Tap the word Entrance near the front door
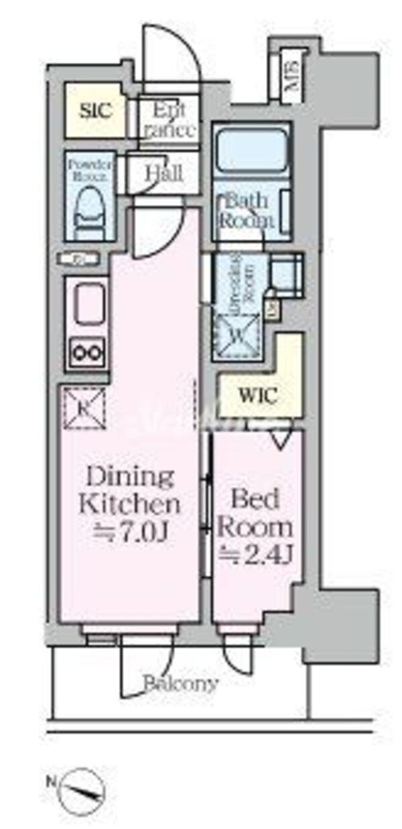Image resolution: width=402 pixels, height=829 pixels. (x=169, y=119)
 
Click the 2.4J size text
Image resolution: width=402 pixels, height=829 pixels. (x=257, y=554)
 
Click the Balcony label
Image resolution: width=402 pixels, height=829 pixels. (x=180, y=683)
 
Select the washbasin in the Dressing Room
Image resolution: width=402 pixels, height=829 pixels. (x=285, y=274)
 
